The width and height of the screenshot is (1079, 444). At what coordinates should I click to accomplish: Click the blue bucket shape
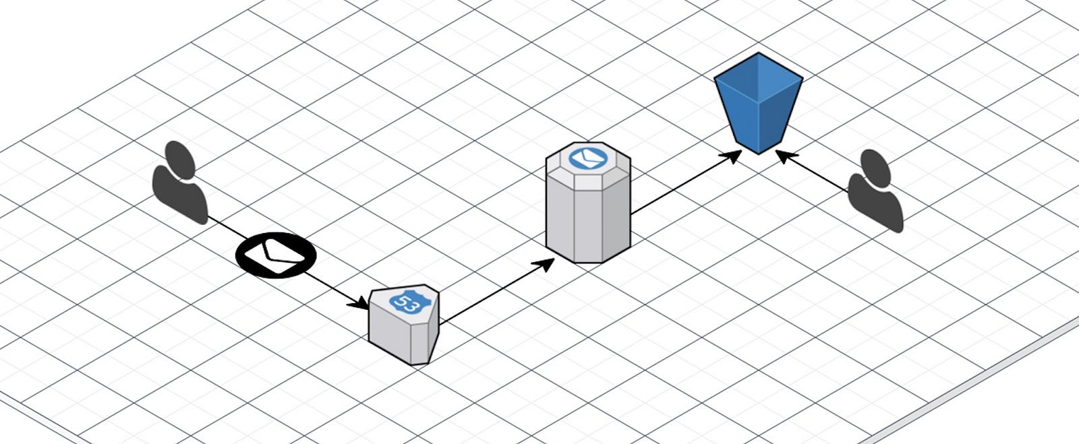pos(758,104)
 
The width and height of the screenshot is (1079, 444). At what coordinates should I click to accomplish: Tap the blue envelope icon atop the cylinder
pos(587,157)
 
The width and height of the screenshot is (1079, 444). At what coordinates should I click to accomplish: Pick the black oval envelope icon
pos(276,255)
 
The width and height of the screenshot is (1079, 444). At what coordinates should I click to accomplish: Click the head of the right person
pos(875,168)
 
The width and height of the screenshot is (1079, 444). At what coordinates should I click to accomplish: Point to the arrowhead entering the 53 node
pos(359,304)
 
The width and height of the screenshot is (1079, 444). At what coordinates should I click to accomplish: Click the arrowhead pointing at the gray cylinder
pos(544,265)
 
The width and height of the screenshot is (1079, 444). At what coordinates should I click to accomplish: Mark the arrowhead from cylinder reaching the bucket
pos(731,156)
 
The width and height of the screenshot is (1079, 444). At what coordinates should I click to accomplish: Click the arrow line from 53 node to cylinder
pos(497,291)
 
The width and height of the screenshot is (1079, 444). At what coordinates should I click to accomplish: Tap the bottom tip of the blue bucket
pos(758,154)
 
